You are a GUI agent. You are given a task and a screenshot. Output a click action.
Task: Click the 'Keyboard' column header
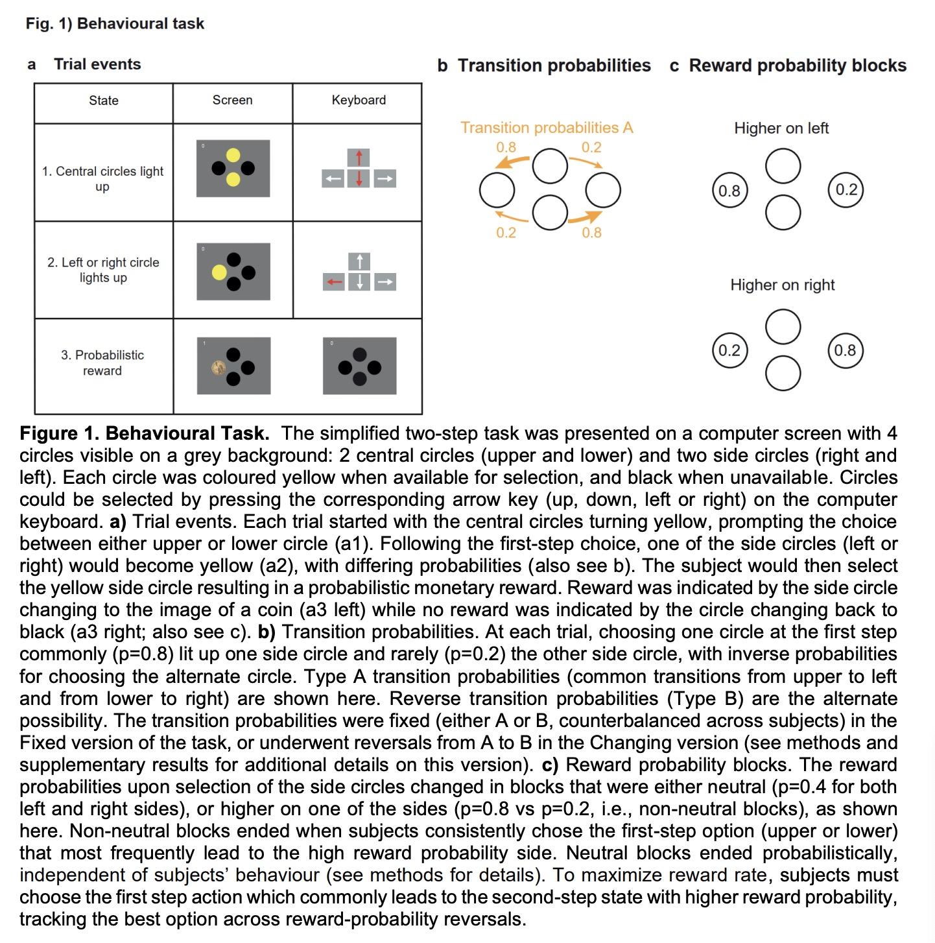pos(359,100)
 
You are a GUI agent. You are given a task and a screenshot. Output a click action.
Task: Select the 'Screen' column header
pos(232,100)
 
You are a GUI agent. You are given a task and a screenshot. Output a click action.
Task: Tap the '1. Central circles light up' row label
pos(103,179)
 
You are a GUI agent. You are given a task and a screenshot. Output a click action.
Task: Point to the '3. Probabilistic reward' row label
pos(102,363)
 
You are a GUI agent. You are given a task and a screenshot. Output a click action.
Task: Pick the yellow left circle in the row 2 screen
pos(220,272)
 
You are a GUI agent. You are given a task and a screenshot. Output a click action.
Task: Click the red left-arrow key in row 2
pos(334,282)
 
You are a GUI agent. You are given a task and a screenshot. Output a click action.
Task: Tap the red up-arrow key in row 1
pos(359,158)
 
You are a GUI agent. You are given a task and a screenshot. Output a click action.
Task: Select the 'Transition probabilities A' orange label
pos(547,128)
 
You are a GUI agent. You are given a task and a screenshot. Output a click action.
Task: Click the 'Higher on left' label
pos(781,128)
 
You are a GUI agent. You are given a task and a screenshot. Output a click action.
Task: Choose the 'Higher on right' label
pos(782,285)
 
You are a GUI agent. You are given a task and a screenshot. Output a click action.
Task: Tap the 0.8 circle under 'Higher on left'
pos(729,191)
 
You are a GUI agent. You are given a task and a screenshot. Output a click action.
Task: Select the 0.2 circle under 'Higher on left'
pos(846,189)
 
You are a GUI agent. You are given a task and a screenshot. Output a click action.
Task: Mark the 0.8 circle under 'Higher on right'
pos(845,350)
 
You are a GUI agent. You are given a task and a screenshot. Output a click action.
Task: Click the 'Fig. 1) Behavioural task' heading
pos(115,24)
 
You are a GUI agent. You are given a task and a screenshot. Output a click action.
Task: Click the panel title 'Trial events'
pos(97,64)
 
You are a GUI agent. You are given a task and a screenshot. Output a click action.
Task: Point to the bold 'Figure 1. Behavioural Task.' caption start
pos(144,433)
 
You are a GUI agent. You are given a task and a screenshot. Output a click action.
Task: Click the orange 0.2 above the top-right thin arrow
pos(591,147)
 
